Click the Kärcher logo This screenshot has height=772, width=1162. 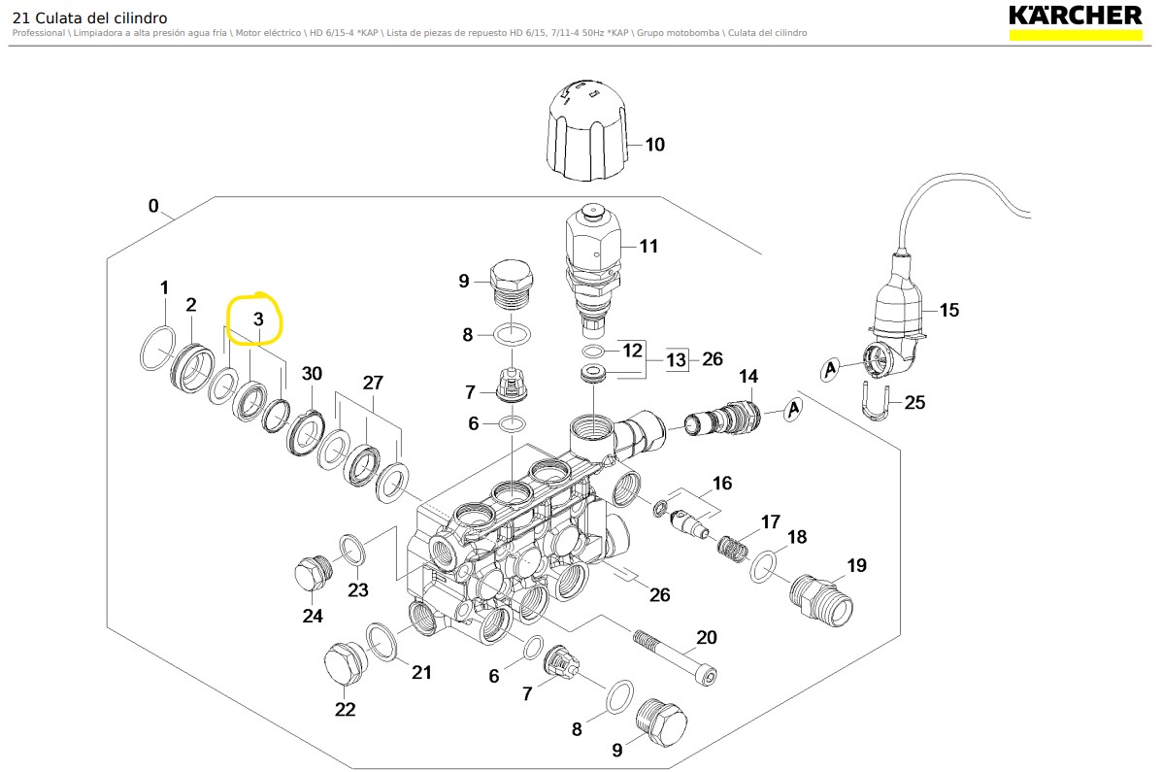[x=1075, y=17]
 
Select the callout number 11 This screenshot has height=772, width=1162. [x=648, y=246]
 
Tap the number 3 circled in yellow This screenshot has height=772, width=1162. [x=258, y=319]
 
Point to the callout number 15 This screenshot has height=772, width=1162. [x=948, y=310]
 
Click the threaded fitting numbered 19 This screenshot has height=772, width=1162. [x=821, y=598]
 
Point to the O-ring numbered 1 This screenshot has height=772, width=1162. [x=158, y=349]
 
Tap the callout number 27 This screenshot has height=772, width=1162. [x=373, y=383]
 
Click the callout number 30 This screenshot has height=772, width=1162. [x=312, y=374]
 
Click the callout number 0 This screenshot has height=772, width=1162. [x=153, y=206]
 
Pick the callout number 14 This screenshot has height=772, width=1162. [x=748, y=377]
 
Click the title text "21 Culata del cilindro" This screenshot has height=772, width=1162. [x=89, y=17]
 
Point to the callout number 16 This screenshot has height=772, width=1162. [x=721, y=484]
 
